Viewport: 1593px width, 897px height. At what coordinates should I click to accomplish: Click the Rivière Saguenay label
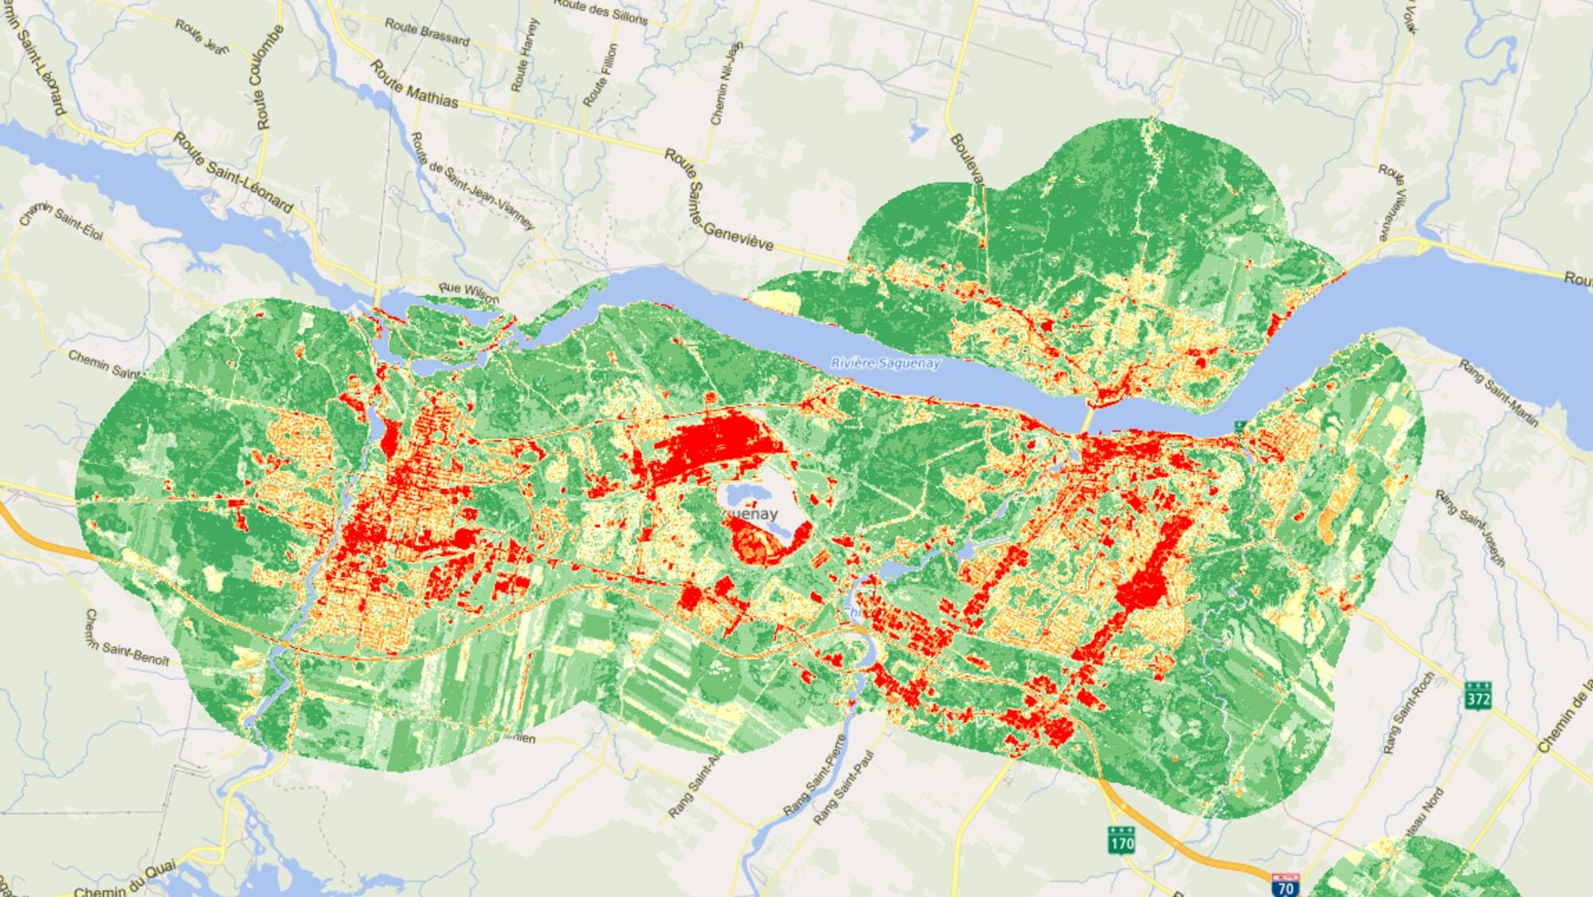click(x=885, y=363)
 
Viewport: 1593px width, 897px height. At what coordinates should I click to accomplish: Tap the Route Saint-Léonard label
click(x=233, y=174)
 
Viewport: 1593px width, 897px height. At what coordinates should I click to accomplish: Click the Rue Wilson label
click(x=469, y=292)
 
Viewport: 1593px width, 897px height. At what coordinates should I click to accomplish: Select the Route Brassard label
click(x=427, y=32)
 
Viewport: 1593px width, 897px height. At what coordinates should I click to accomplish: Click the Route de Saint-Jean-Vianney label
click(x=472, y=182)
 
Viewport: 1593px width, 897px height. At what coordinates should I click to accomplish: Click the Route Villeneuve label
click(x=1394, y=202)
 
